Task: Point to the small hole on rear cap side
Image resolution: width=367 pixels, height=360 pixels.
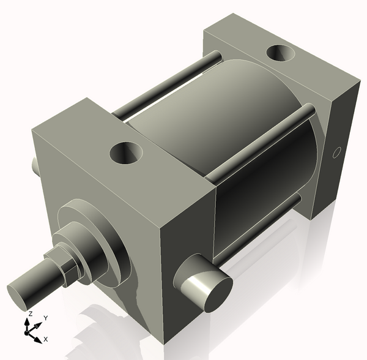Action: [x=335, y=152]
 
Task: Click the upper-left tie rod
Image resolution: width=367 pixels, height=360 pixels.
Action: [x=165, y=86]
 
